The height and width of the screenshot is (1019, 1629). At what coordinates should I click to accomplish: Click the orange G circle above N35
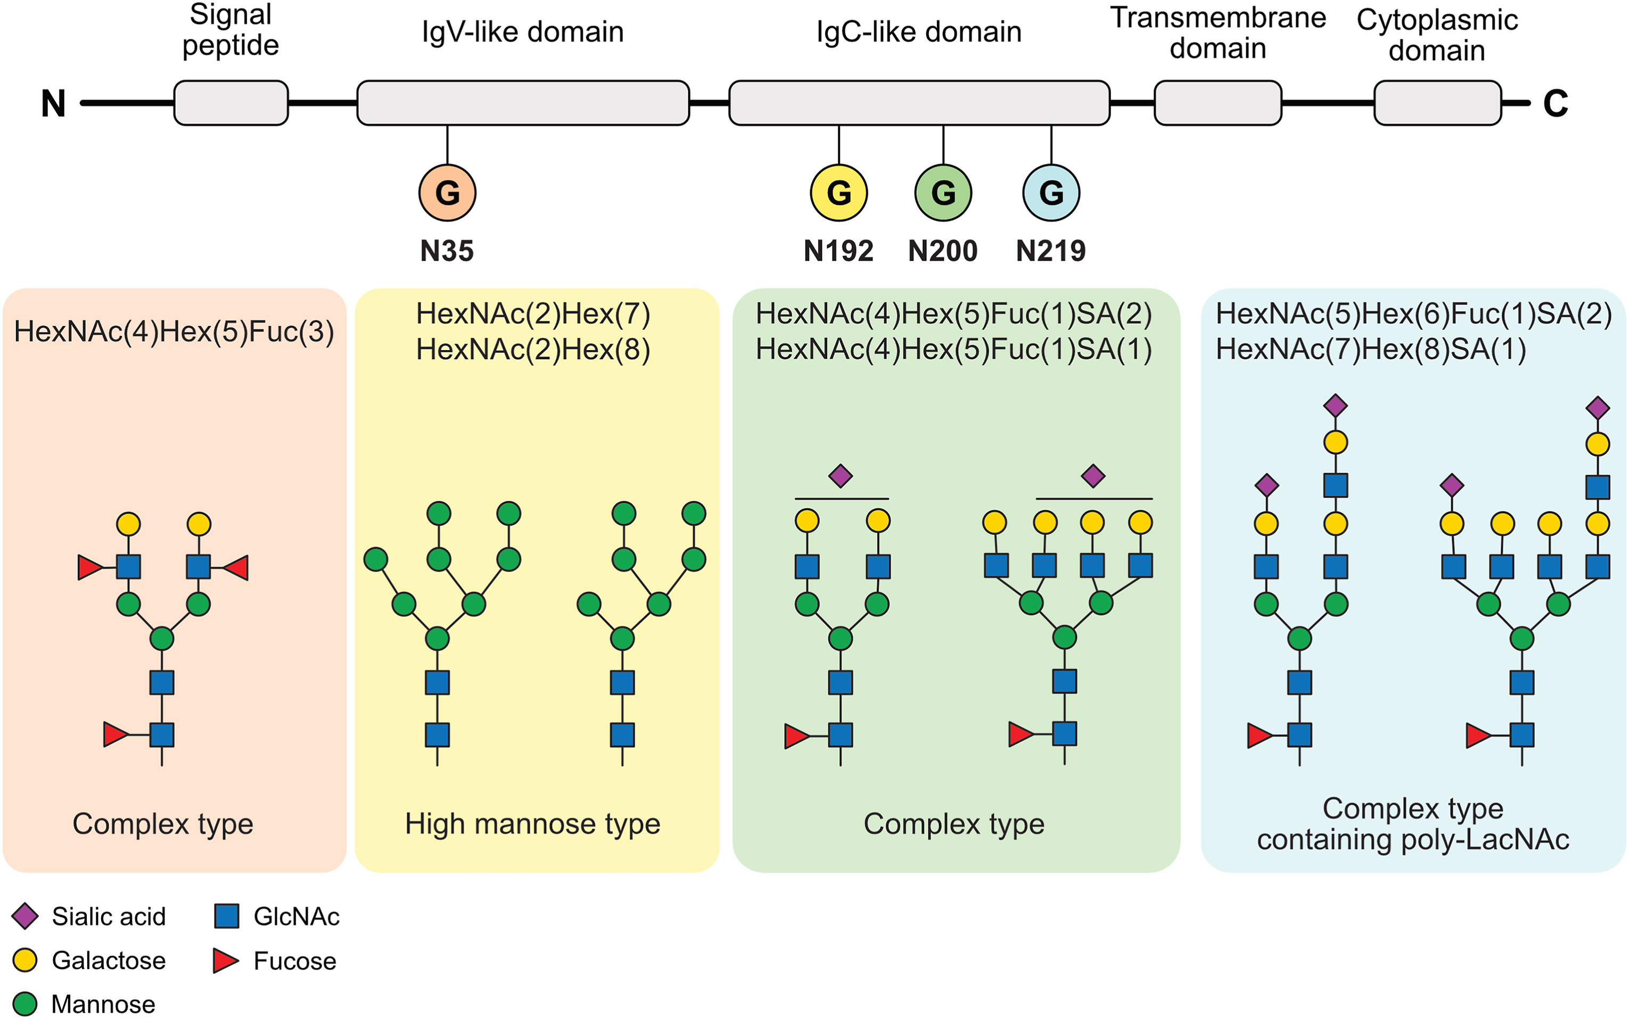(447, 193)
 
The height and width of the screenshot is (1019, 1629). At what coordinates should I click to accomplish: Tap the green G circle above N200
(943, 193)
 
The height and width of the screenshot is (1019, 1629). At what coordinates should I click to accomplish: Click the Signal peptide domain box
(231, 103)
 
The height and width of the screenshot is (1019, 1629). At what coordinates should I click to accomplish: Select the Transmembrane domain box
(1217, 103)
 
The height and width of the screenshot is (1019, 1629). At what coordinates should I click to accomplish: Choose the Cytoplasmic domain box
(1437, 103)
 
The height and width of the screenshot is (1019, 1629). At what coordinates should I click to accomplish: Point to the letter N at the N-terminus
(53, 104)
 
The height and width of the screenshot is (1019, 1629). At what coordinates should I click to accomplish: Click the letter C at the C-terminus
(1555, 104)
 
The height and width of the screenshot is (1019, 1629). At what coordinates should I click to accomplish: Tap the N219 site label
(1050, 251)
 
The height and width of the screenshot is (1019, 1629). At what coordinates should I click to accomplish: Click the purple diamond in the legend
(25, 916)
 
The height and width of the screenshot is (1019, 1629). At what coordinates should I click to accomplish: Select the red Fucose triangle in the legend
(225, 960)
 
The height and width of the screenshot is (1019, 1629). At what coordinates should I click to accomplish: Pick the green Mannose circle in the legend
(25, 1004)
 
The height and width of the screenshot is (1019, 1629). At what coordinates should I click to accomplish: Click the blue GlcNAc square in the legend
(227, 916)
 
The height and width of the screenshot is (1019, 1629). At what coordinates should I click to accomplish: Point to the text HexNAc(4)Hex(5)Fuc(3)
(174, 332)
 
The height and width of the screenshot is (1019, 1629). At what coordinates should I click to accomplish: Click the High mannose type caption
(533, 824)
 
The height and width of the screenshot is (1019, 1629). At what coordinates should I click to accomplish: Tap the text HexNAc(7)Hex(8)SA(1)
(1370, 349)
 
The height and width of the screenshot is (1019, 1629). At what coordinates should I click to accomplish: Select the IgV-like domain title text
(523, 32)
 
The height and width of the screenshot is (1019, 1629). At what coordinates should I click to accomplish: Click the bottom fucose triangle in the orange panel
(116, 735)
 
